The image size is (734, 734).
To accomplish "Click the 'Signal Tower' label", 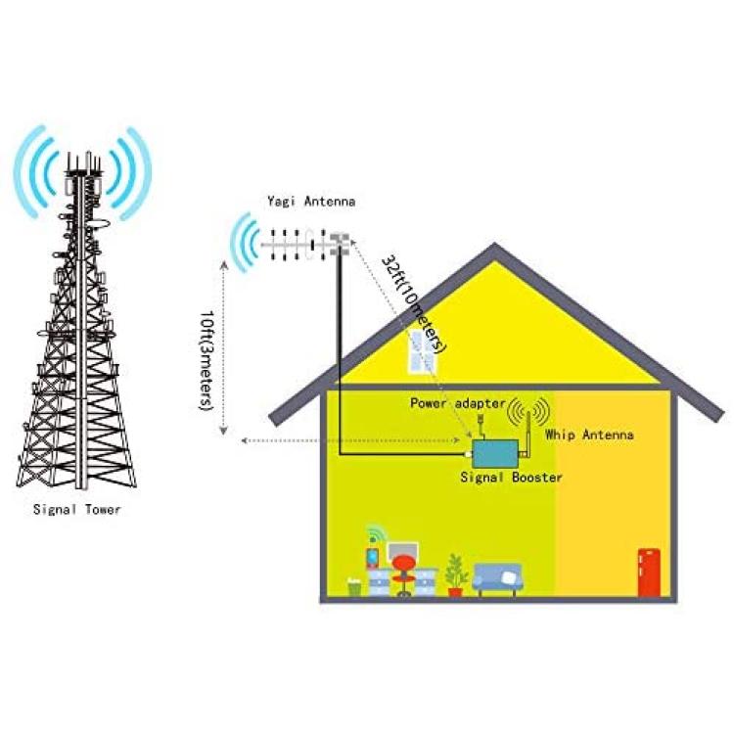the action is coord(77,509).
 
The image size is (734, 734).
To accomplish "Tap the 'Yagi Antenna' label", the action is coord(311,202).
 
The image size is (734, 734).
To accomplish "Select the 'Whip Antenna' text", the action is coord(589,435).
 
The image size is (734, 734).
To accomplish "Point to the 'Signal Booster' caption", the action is coord(511,478).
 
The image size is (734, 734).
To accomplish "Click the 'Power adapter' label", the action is coord(458,403).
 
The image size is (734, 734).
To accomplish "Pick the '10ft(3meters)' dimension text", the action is coord(206,360).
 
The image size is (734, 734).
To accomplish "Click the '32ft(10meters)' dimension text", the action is coord(414,304).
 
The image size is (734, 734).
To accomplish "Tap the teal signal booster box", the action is coord(495,453).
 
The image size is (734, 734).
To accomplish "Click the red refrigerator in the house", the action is coord(649,573).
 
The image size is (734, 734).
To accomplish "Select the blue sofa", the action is coord(497,579).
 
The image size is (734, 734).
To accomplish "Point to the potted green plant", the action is coord(456,575).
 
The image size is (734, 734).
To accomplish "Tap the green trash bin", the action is coord(354,587).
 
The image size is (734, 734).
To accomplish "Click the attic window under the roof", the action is coord(422,352).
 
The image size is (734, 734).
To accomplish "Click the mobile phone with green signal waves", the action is coord(373,557).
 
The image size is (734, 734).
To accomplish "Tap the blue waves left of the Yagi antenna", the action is coord(245,243).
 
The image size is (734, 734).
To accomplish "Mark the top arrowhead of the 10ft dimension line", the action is coord(224,265).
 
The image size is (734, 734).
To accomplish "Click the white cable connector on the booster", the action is coord(468,453).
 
